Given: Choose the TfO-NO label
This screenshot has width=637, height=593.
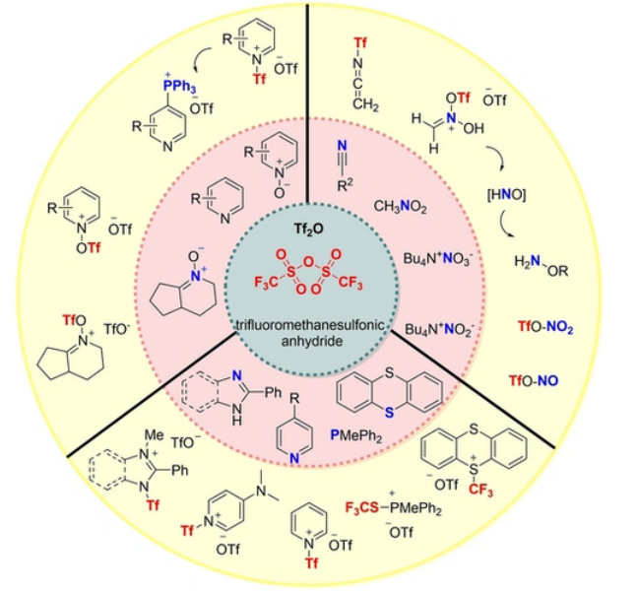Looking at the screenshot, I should [536, 379].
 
